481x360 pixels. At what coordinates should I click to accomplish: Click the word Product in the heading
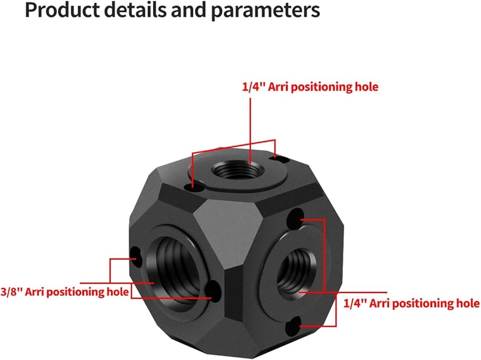coord(62,10)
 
